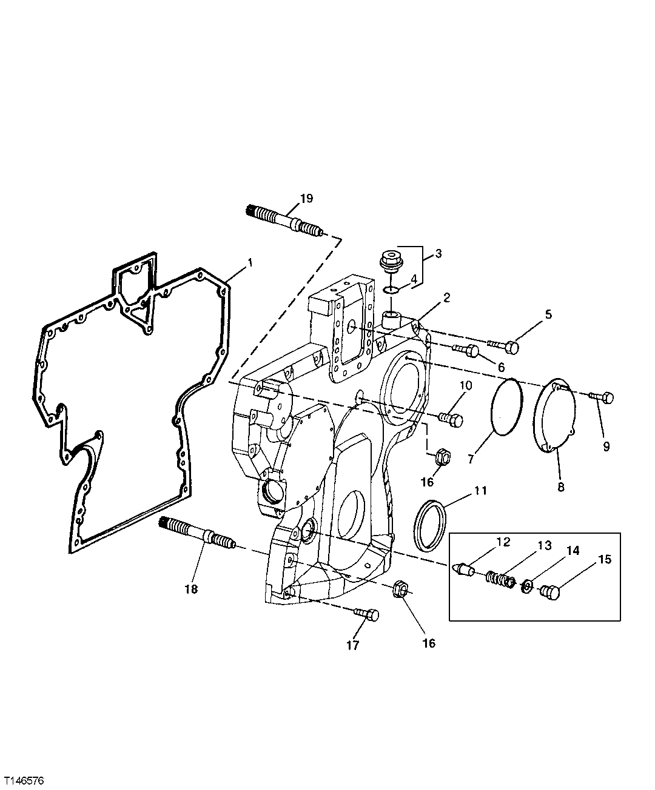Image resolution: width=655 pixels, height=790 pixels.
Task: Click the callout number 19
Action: (307, 199)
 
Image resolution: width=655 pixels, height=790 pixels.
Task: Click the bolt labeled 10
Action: (449, 418)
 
